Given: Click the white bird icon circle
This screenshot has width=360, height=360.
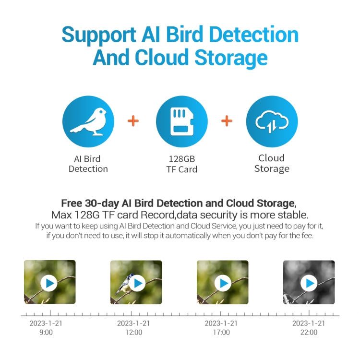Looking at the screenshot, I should pyautogui.click(x=88, y=121).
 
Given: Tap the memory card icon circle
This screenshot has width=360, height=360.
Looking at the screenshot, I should pyautogui.click(x=181, y=121).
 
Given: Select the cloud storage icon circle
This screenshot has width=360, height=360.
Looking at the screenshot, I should pyautogui.click(x=272, y=121).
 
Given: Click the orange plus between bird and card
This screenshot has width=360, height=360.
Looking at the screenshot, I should pyautogui.click(x=133, y=120).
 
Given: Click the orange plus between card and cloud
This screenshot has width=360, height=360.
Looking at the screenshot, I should pyautogui.click(x=227, y=120).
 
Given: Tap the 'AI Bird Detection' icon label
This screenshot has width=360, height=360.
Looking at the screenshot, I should pyautogui.click(x=88, y=164).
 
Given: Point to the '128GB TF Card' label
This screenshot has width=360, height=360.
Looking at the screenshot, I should pyautogui.click(x=181, y=164).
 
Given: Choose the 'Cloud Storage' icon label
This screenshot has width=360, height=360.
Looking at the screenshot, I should pyautogui.click(x=272, y=163).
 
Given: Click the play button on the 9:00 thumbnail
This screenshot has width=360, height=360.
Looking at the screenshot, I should pyautogui.click(x=49, y=283).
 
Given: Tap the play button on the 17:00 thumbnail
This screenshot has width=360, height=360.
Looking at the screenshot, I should pyautogui.click(x=223, y=283).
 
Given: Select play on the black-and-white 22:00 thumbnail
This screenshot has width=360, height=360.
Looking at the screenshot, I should pyautogui.click(x=309, y=283).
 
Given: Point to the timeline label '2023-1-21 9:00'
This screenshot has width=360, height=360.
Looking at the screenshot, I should pyautogui.click(x=46, y=327).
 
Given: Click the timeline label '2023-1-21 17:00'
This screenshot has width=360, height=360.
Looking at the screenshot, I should pyautogui.click(x=221, y=327).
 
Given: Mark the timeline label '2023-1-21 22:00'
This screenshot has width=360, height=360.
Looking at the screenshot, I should pyautogui.click(x=309, y=327).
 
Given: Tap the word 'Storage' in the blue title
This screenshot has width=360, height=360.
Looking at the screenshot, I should pyautogui.click(x=230, y=58).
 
